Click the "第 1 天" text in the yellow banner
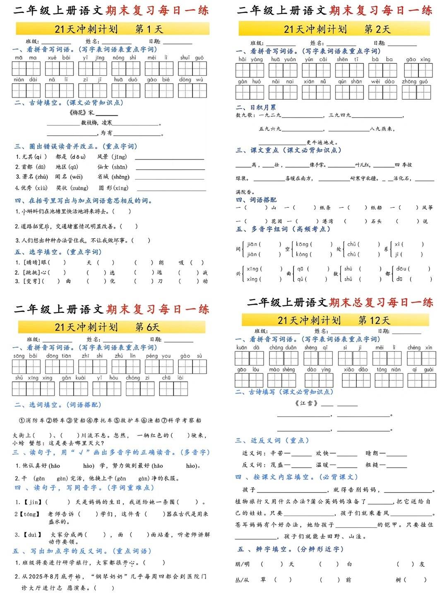(x=149, y=29)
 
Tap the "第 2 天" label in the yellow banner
(x=377, y=29)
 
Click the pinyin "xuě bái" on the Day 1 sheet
(x=59, y=58)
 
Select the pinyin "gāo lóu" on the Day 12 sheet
(x=248, y=370)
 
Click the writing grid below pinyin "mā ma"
(x=26, y=69)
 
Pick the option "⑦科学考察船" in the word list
(x=181, y=421)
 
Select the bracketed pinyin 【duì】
(x=32, y=534)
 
